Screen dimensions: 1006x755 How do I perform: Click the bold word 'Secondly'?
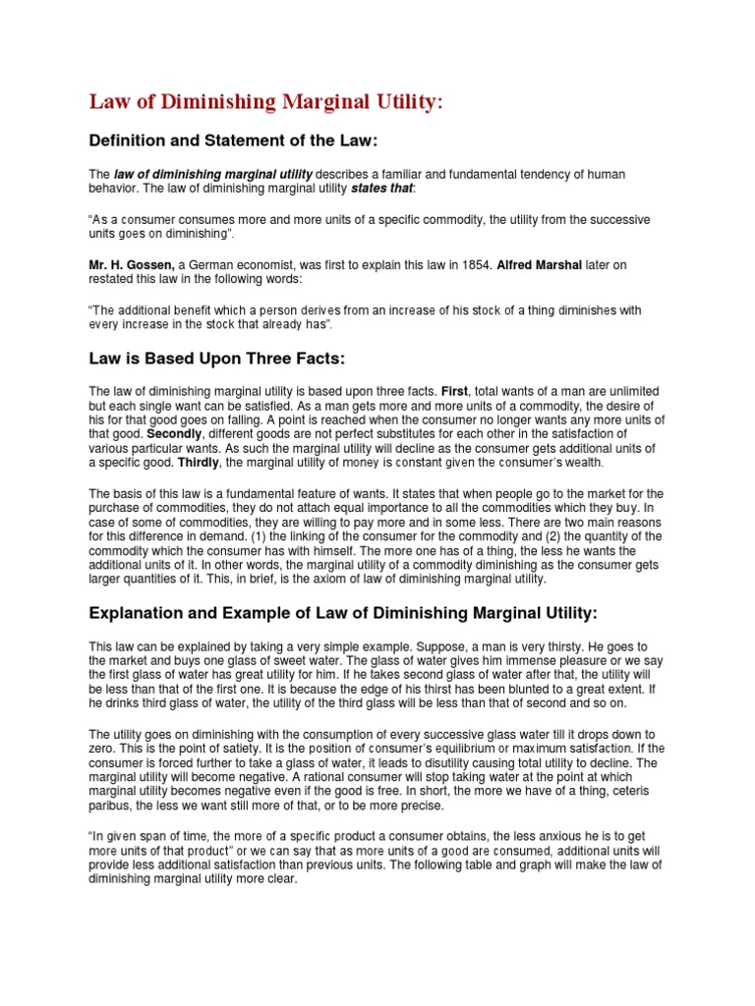pos(174,432)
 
